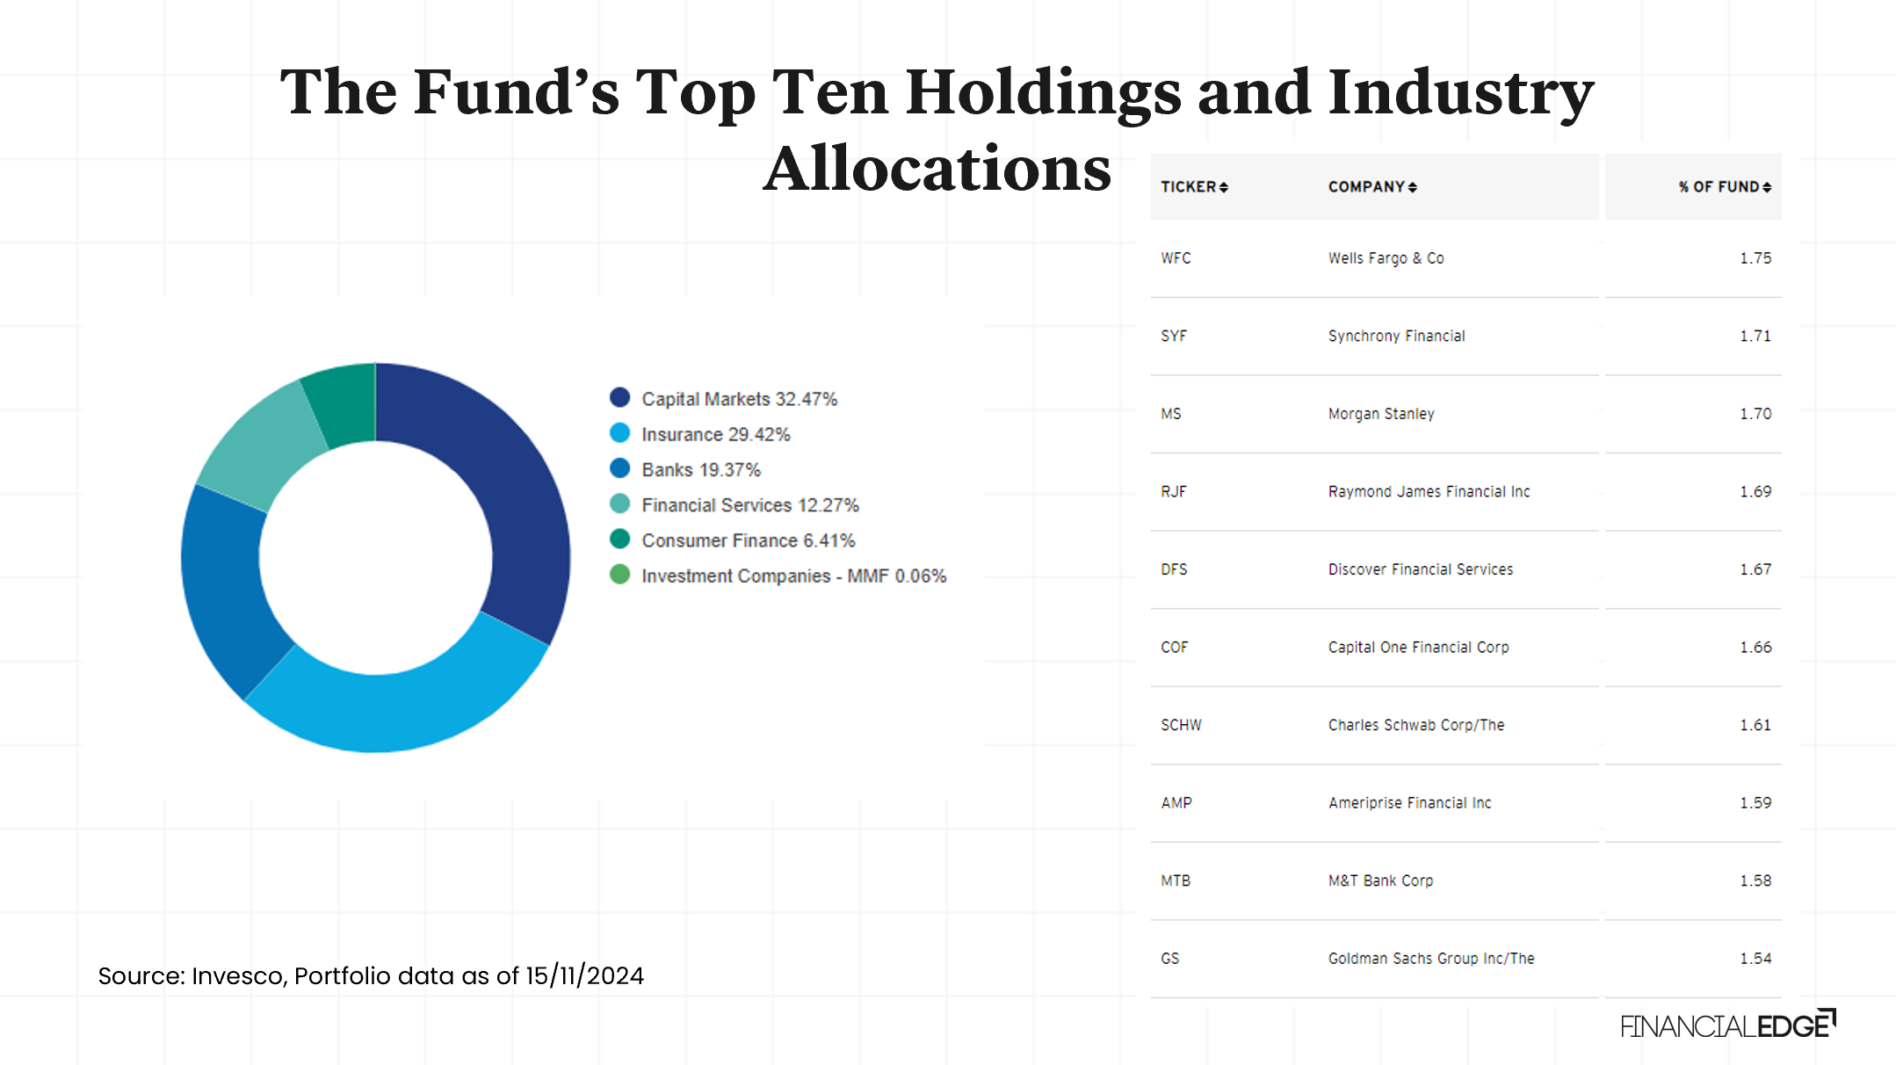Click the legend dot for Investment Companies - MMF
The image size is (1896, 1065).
619,575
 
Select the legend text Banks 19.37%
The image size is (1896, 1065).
700,470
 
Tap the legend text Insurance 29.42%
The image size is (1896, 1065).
715,434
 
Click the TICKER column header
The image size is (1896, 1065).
1188,186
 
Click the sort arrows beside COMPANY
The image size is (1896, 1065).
1412,187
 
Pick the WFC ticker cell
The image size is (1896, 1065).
1176,258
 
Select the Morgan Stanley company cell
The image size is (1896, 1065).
1380,414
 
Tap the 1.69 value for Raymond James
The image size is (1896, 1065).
1755,491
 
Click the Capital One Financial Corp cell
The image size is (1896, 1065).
1418,648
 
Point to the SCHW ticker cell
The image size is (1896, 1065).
1181,725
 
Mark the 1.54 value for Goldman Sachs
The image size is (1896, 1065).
1755,959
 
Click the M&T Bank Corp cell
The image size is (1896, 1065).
1380,880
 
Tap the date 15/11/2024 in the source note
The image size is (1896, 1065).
584,975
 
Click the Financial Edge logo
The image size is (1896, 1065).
1727,1025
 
